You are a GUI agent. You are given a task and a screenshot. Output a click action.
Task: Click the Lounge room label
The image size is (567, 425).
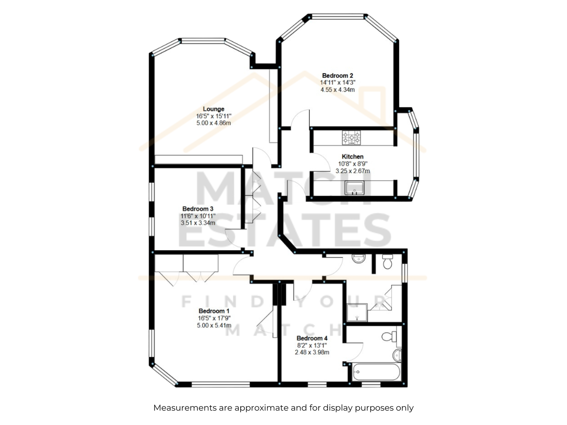click(x=213, y=109)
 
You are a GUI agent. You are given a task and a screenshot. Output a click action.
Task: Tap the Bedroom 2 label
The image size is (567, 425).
click(x=337, y=75)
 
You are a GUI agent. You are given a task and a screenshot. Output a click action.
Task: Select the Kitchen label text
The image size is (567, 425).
click(x=352, y=157)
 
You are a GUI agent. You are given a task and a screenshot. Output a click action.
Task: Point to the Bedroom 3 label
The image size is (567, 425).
click(x=198, y=209)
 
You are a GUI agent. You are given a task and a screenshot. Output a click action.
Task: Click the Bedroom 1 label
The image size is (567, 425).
click(x=214, y=311)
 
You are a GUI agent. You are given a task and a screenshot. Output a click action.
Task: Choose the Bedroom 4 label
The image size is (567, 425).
click(x=312, y=338)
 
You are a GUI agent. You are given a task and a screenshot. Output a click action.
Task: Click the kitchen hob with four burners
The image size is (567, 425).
click(x=351, y=137)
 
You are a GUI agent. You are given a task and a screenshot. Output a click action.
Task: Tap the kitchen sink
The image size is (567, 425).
click(x=354, y=188)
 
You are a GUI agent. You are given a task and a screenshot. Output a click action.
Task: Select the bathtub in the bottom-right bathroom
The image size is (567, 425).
click(x=376, y=372)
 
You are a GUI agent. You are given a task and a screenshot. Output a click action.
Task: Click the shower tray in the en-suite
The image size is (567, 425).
click(x=357, y=313)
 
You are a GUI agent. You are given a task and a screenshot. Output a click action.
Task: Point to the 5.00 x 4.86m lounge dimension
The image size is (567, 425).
click(x=213, y=123)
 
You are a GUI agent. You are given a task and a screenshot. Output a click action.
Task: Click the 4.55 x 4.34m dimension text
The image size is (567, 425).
click(x=337, y=90)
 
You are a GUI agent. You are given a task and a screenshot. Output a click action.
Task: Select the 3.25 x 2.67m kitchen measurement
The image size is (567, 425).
click(x=352, y=171)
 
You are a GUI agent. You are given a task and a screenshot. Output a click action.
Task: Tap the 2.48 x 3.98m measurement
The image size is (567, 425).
click(x=312, y=352)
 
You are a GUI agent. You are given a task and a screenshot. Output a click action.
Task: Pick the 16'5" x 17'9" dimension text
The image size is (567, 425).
click(x=214, y=318)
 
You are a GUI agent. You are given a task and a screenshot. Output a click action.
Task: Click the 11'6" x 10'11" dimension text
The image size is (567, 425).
click(x=198, y=216)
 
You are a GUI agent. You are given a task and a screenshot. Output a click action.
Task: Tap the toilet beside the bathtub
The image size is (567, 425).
click(x=389, y=336)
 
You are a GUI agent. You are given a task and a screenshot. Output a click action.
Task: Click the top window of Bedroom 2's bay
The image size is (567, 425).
click(x=337, y=17)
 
